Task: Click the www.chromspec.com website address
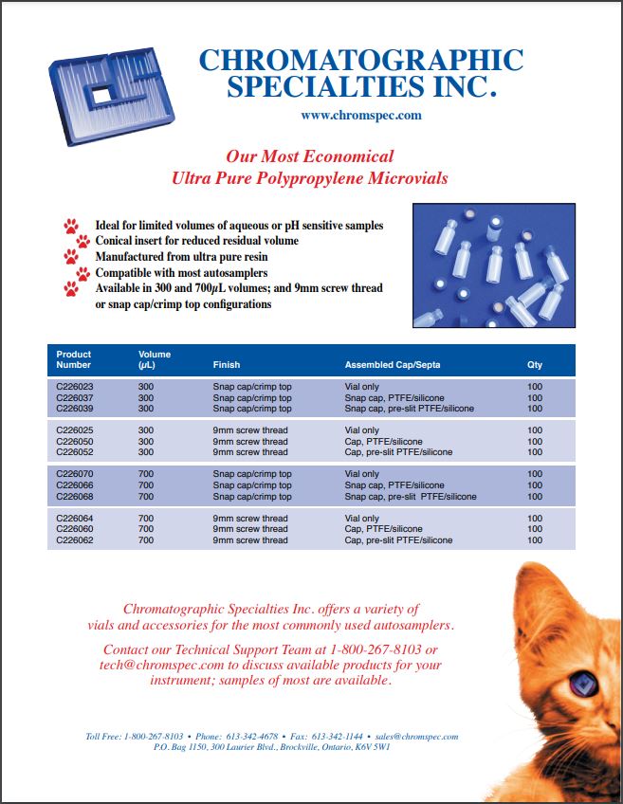point(360,116)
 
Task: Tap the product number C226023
point(75,387)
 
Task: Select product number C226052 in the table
point(75,452)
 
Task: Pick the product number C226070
point(75,474)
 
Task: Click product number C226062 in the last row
point(75,540)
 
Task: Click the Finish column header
point(227,364)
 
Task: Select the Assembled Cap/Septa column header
point(392,364)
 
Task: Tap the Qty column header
point(535,364)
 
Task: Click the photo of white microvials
point(494,265)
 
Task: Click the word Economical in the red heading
point(347,156)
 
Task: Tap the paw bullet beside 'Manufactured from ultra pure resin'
point(71,257)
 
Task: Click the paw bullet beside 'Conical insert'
point(83,242)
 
